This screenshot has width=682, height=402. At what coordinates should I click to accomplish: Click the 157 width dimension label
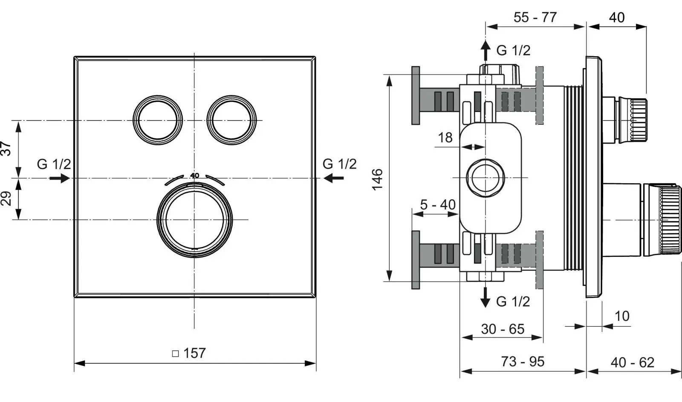194,353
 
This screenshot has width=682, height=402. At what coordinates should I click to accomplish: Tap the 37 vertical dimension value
6,149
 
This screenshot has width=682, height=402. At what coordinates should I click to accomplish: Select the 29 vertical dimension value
6,198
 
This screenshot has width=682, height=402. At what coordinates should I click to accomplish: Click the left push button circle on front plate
158,121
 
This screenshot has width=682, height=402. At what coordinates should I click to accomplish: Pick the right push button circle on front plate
232,121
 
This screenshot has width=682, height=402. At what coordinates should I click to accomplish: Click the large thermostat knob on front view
195,220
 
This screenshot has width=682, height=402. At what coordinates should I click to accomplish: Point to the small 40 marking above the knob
195,175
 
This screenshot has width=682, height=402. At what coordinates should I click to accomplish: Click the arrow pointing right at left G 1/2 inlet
60,178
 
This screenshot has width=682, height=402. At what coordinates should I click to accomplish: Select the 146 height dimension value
378,179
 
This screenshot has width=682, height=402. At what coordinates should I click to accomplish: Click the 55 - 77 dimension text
535,17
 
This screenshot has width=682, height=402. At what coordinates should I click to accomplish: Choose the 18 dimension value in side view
445,138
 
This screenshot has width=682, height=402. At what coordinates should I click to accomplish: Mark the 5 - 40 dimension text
438,205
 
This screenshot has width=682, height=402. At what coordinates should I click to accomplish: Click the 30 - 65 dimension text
503,329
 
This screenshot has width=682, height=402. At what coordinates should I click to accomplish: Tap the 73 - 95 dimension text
523,362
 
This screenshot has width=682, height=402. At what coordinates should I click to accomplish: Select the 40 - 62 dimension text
632,362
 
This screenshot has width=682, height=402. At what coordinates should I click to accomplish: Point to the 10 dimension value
622,316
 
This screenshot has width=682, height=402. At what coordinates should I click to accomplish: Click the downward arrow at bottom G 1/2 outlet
485,297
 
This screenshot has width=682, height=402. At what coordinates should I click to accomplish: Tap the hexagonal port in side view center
485,178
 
